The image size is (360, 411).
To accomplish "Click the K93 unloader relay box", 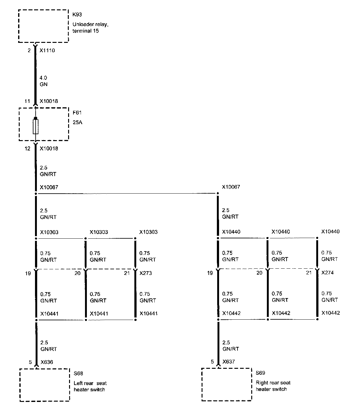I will (43, 26).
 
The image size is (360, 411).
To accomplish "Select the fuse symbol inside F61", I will (36, 126).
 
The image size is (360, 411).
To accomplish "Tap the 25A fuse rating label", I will (77, 122).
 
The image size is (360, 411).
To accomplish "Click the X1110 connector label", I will (47, 50).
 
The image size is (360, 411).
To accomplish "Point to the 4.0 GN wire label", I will (44, 81).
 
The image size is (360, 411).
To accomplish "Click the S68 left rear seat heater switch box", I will (44, 385).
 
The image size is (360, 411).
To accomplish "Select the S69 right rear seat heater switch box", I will (227, 384).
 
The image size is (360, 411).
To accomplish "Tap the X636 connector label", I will (46, 362).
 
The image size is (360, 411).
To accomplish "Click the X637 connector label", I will (228, 362).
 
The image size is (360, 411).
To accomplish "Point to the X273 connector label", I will (146, 273).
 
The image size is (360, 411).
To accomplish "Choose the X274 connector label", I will (327, 272).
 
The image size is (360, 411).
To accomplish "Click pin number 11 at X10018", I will (27, 101).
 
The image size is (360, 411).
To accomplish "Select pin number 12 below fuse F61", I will (27, 149).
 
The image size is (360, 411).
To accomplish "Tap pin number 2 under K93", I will (29, 50).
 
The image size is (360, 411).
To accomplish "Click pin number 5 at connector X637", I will (212, 362).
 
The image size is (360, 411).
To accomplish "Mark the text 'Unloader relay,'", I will (90, 24).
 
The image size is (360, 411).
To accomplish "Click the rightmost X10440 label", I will (330, 231).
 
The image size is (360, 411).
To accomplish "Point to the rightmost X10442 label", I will (331, 313).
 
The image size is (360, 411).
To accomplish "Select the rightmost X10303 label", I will (148, 232).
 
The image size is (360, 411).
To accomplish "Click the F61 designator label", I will (77, 113).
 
